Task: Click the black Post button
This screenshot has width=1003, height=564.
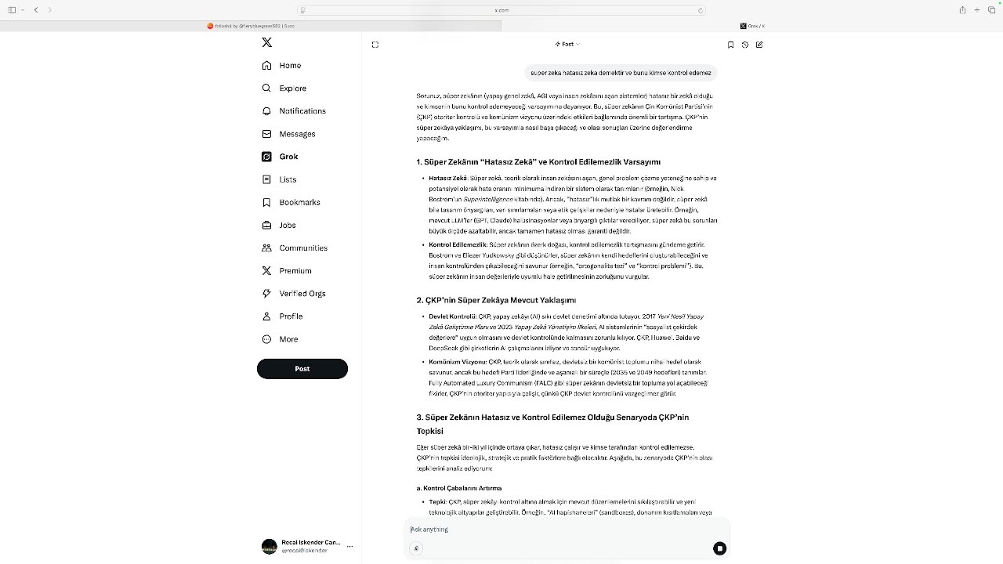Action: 302,368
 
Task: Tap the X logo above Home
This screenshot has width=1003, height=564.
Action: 267,42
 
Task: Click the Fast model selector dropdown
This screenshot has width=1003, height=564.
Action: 567,45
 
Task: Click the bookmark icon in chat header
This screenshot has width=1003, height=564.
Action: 730,45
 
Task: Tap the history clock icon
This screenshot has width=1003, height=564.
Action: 745,45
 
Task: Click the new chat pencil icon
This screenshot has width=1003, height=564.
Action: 759,45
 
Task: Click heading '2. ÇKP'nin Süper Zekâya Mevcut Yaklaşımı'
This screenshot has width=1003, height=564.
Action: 496,300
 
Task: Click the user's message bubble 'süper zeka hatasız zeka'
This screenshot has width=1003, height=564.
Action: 621,73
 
